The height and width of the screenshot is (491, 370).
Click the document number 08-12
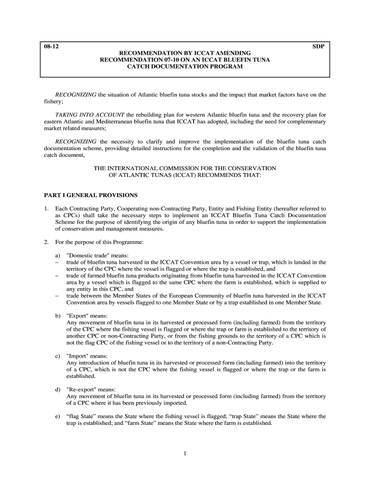49,47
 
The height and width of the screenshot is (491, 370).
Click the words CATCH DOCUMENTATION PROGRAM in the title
185,67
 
